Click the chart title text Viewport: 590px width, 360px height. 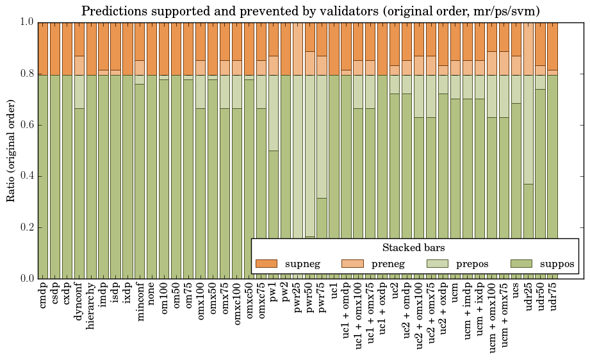(x=311, y=11)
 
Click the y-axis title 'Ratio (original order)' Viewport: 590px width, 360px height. (x=11, y=150)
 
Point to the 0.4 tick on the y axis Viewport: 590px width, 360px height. (x=26, y=176)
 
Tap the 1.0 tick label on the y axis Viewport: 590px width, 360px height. (x=26, y=22)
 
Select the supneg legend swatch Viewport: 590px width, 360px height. (x=266, y=263)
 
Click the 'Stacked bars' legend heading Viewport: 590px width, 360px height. (x=414, y=247)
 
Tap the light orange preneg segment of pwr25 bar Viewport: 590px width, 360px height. (x=298, y=48)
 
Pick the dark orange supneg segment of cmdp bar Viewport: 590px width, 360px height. (x=43, y=48)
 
